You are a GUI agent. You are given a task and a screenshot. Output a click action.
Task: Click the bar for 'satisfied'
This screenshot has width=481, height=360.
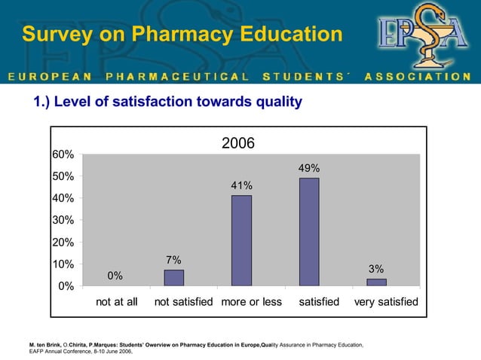click(x=309, y=232)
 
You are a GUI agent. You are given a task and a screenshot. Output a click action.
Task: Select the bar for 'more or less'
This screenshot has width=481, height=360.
click(x=241, y=240)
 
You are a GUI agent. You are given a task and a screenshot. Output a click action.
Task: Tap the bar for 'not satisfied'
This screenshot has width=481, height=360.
click(x=174, y=278)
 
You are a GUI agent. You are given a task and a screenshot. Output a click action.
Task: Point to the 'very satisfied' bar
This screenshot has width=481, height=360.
click(x=376, y=282)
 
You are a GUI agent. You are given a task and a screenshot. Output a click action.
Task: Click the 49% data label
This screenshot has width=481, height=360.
click(x=309, y=169)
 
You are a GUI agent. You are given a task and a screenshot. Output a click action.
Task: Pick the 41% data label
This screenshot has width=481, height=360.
click(x=241, y=186)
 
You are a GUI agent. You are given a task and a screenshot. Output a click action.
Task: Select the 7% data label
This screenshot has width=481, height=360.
click(x=173, y=260)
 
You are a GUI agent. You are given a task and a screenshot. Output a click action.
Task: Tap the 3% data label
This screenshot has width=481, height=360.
click(x=376, y=269)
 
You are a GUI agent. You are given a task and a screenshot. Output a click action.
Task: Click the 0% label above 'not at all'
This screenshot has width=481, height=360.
click(x=115, y=276)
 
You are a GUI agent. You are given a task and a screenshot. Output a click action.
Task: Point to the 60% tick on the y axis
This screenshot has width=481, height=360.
click(x=62, y=154)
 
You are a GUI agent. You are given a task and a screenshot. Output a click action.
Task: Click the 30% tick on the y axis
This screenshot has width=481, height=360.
click(x=62, y=220)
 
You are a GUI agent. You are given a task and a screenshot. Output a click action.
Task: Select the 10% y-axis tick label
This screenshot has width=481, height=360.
click(x=62, y=264)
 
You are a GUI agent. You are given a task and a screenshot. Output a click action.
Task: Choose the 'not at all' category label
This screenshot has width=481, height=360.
click(x=116, y=302)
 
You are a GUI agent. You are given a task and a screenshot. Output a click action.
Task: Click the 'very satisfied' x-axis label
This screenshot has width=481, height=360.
click(x=385, y=302)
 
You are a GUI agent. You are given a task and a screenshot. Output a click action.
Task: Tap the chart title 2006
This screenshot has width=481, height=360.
click(x=238, y=143)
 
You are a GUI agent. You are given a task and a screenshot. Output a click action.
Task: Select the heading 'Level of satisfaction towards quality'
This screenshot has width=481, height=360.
click(x=167, y=102)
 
